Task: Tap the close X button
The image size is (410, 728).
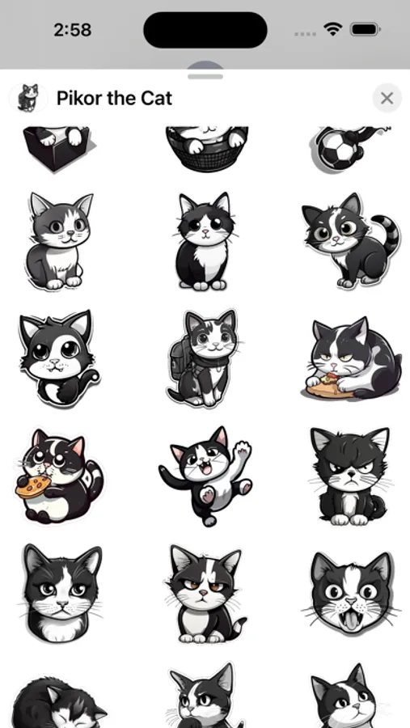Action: coord(387,98)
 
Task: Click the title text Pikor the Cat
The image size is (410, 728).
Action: coord(114,98)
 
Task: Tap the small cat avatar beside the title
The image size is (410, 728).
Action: coord(28,98)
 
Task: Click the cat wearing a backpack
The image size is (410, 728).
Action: coord(205,358)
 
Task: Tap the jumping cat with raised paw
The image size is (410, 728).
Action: coord(205,476)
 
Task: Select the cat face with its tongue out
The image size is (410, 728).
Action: coord(351,595)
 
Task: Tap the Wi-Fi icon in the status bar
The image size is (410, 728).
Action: coord(333,30)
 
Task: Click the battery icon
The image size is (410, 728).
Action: coord(366,30)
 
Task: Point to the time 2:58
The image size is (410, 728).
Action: coord(73,30)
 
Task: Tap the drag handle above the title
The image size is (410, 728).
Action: coord(205,76)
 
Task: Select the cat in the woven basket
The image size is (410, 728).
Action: coord(206,148)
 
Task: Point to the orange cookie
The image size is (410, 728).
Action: coord(33,487)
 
